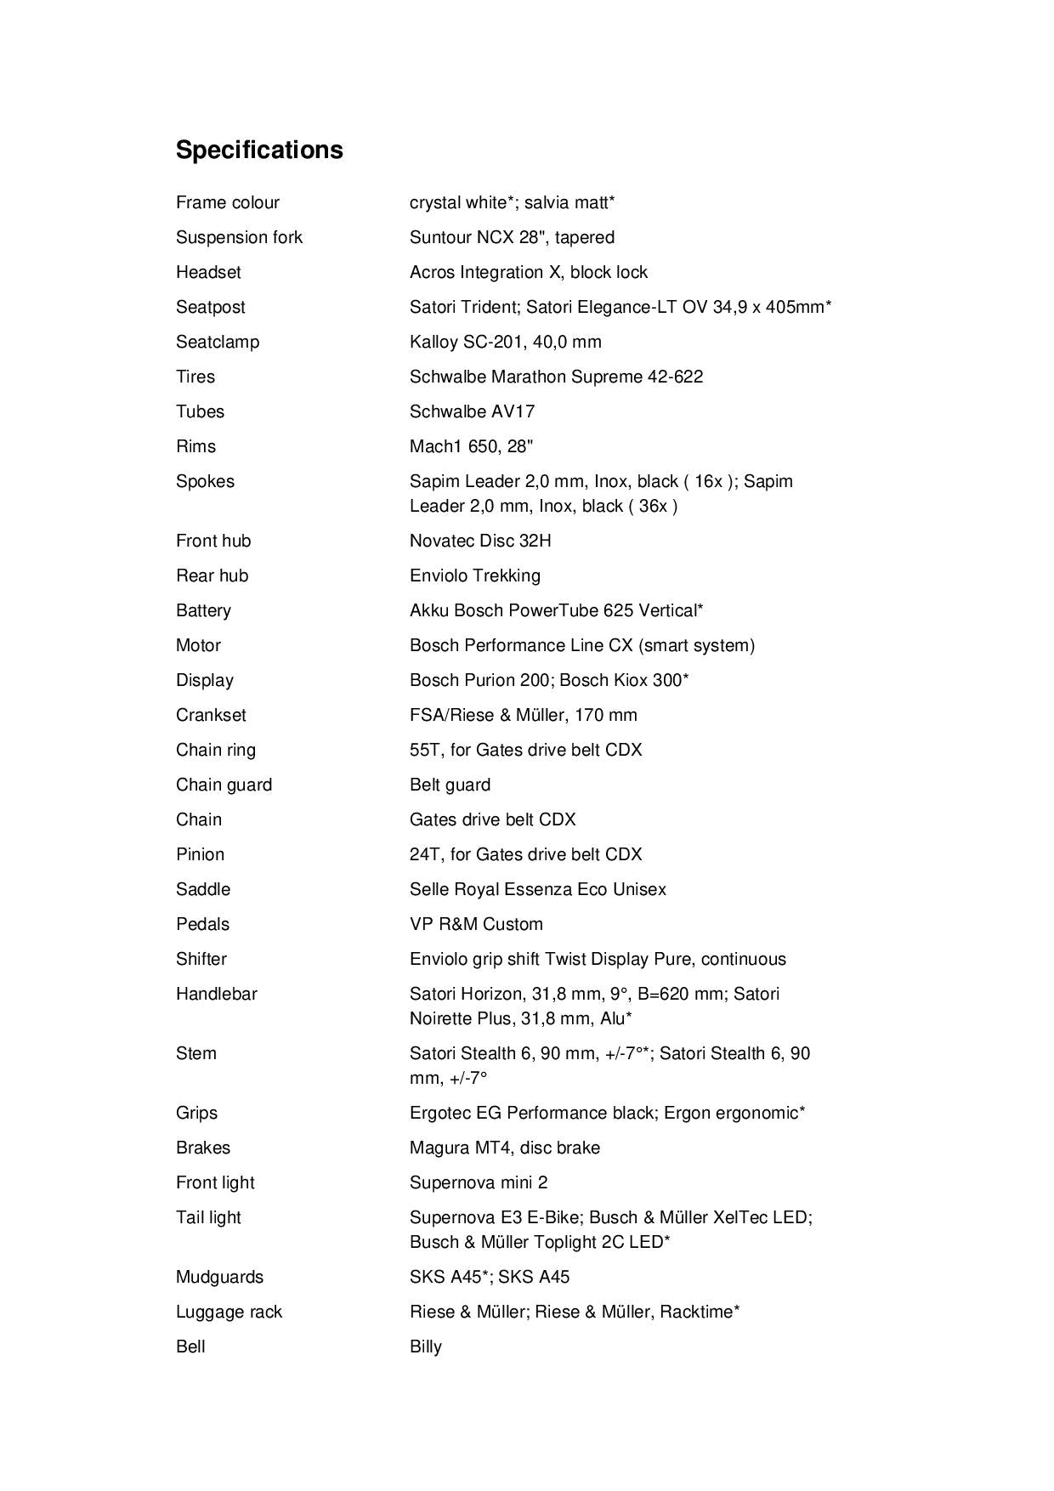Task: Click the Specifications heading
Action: pyautogui.click(x=259, y=150)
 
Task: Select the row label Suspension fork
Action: pyautogui.click(x=239, y=237)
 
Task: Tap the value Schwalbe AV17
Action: pyautogui.click(x=472, y=411)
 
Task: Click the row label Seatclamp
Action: pyautogui.click(x=218, y=342)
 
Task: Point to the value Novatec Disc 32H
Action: pyautogui.click(x=480, y=541)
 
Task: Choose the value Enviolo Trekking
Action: pyautogui.click(x=474, y=575)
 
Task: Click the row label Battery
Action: pyautogui.click(x=203, y=610)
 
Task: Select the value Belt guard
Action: pyautogui.click(x=450, y=785)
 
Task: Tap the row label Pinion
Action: pyautogui.click(x=200, y=854)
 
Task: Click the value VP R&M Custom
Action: pyautogui.click(x=476, y=924)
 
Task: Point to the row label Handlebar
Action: pyautogui.click(x=216, y=994)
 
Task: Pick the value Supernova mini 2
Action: pyautogui.click(x=479, y=1182)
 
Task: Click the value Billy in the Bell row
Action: pyautogui.click(x=425, y=1346)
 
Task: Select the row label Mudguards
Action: pyautogui.click(x=219, y=1277)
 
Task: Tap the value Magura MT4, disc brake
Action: pyautogui.click(x=504, y=1148)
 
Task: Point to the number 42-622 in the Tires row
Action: pyautogui.click(x=675, y=377)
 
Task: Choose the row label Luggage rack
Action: pyautogui.click(x=229, y=1312)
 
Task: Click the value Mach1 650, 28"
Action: pyautogui.click(x=471, y=446)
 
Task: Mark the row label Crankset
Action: pyautogui.click(x=211, y=715)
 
